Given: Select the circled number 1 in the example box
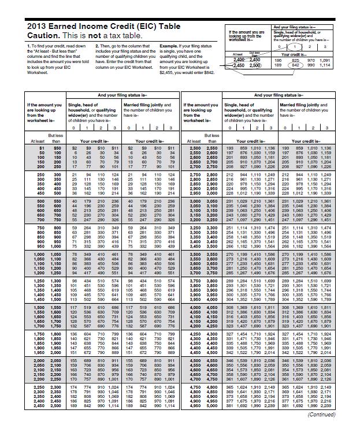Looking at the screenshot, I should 295,46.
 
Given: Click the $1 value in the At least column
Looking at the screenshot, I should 41,148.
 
